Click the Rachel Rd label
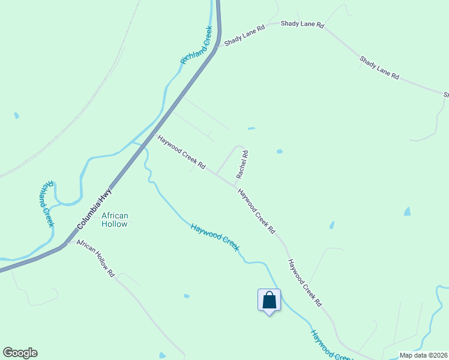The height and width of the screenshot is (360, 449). (x=243, y=164)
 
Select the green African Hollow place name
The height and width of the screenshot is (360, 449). (x=115, y=220)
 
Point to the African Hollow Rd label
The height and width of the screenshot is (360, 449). (x=95, y=260)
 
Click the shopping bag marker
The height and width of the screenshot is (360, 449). (x=269, y=300)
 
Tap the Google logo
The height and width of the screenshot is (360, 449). (x=20, y=353)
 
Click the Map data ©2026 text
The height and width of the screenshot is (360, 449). (x=423, y=355)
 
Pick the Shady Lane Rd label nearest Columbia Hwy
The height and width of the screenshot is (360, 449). (x=244, y=35)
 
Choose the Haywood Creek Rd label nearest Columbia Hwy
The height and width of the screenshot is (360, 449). (x=182, y=152)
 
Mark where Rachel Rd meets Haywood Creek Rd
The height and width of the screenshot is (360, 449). (x=235, y=184)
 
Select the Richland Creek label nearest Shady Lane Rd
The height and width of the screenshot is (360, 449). (x=197, y=46)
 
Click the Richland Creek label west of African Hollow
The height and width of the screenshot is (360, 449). (x=47, y=203)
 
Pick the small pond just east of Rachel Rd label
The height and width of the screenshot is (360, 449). (x=279, y=151)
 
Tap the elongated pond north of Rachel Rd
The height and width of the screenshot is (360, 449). (x=251, y=128)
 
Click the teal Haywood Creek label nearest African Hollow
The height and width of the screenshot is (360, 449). (x=215, y=237)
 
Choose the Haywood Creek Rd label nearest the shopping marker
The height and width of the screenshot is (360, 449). (x=305, y=282)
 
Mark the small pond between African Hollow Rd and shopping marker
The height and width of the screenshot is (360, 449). (x=187, y=296)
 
